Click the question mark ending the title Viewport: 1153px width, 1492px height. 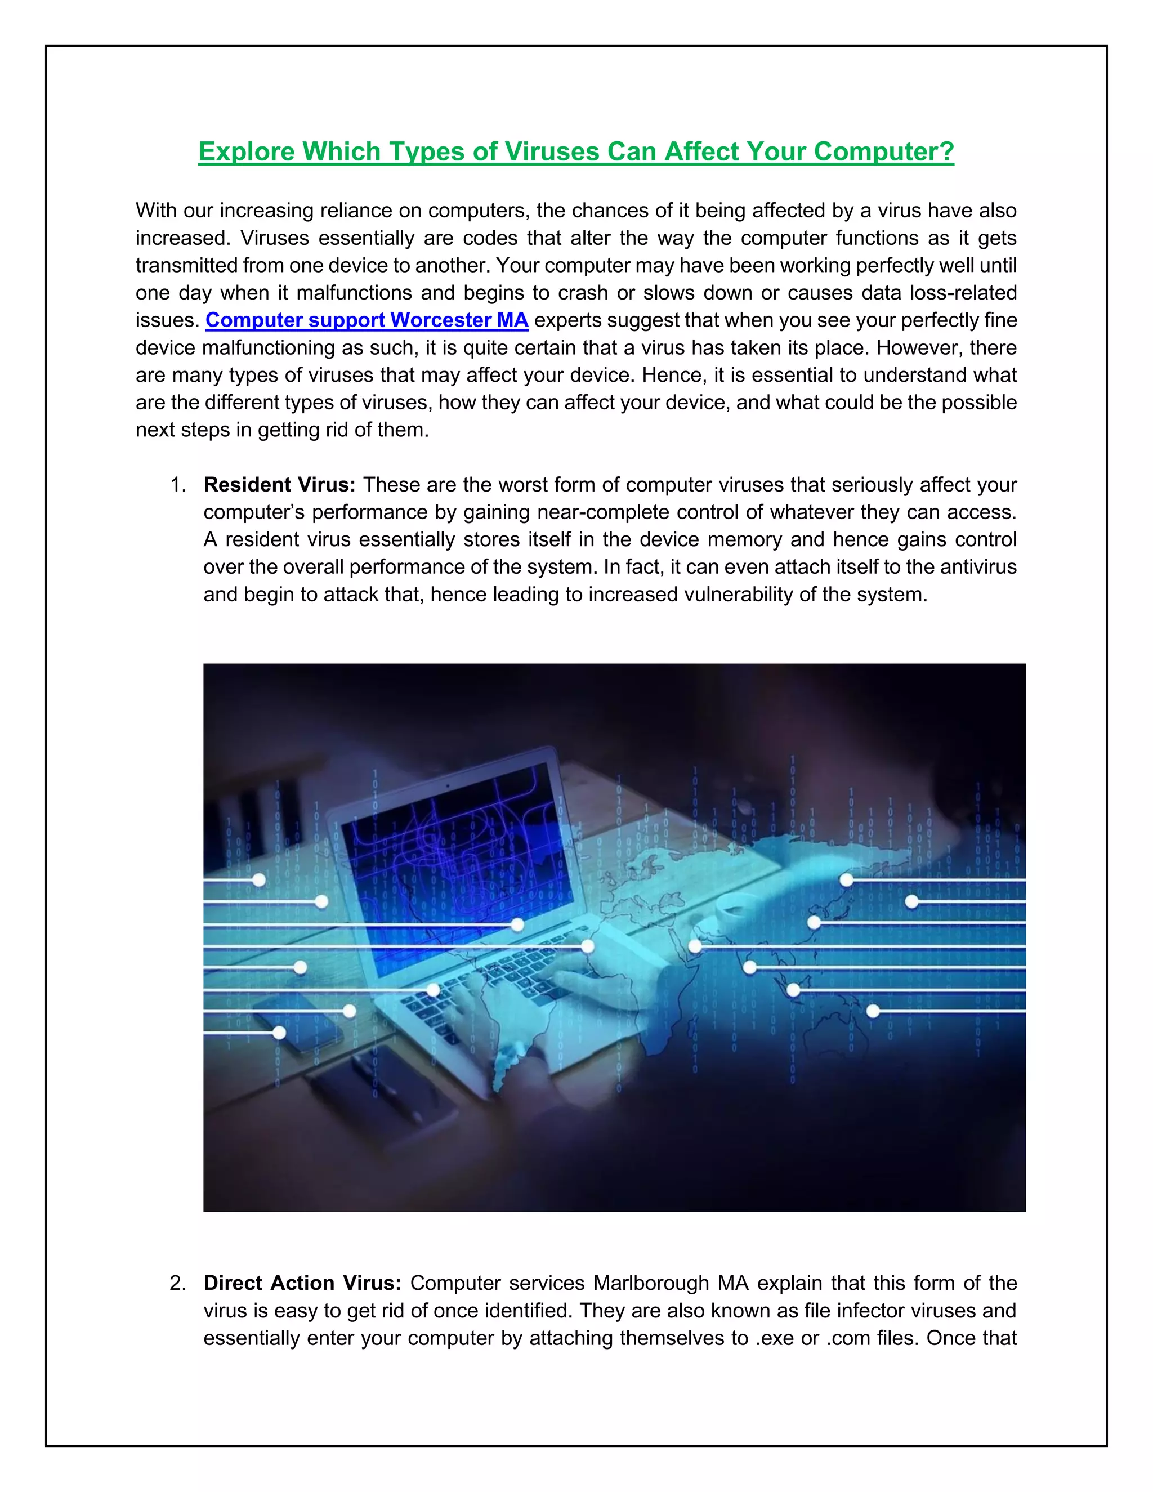947,151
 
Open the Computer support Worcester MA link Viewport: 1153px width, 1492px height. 367,320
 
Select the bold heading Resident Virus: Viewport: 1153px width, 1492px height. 279,484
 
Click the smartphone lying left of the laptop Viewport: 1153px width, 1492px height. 301,1018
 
